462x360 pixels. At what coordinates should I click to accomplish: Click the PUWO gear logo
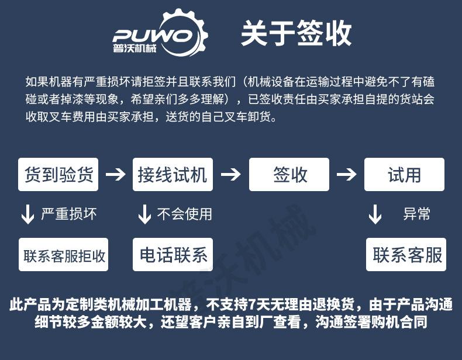point(160,33)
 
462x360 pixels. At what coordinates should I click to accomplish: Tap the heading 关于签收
point(296,33)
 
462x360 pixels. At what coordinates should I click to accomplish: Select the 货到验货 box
point(58,174)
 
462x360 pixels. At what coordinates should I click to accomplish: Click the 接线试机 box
point(173,174)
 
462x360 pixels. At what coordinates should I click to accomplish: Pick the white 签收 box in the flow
point(289,174)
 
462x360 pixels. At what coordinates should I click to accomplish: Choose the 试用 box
point(404,174)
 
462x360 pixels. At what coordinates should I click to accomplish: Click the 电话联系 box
point(173,255)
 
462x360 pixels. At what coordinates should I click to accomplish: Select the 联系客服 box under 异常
point(406,255)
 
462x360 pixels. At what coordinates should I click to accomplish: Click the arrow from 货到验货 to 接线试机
point(115,174)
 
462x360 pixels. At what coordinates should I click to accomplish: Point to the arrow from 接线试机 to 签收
point(230,174)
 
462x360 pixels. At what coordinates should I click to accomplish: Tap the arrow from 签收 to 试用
point(346,174)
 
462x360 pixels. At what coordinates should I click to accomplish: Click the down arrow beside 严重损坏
point(27,214)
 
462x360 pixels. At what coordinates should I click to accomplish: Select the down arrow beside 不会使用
point(144,214)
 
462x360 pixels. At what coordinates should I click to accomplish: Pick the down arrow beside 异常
point(375,214)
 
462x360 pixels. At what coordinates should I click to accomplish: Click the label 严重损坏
point(68,214)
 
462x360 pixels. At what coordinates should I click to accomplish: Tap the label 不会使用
point(184,214)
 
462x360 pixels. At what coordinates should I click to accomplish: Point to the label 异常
point(416,214)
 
